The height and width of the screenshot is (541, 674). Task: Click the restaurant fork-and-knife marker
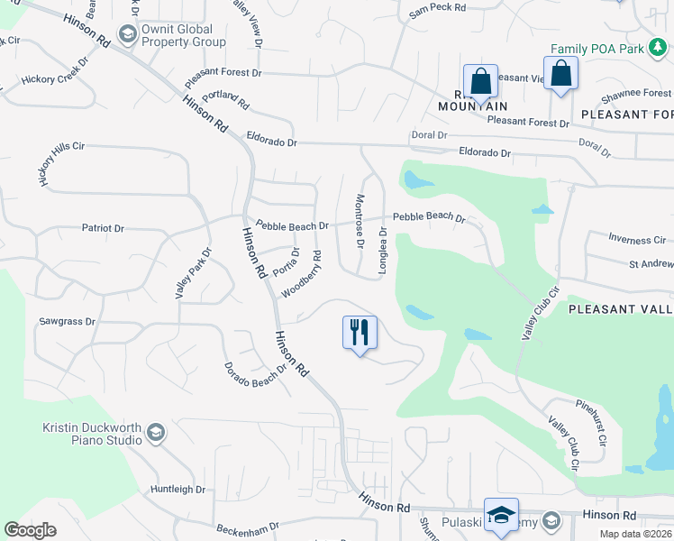point(360,332)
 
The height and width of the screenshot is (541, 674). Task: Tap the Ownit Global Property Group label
point(184,35)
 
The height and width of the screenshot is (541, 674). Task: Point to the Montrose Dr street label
point(360,221)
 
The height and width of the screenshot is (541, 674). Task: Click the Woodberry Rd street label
point(302,274)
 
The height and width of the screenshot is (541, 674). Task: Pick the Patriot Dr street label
point(103,228)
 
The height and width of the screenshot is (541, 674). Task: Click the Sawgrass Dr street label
point(67,321)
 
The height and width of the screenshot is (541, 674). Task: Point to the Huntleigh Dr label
point(178,490)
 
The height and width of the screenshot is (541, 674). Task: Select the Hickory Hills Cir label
point(60,163)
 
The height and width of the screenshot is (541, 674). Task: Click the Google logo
point(31,530)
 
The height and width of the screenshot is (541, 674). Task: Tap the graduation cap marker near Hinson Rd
point(501,514)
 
